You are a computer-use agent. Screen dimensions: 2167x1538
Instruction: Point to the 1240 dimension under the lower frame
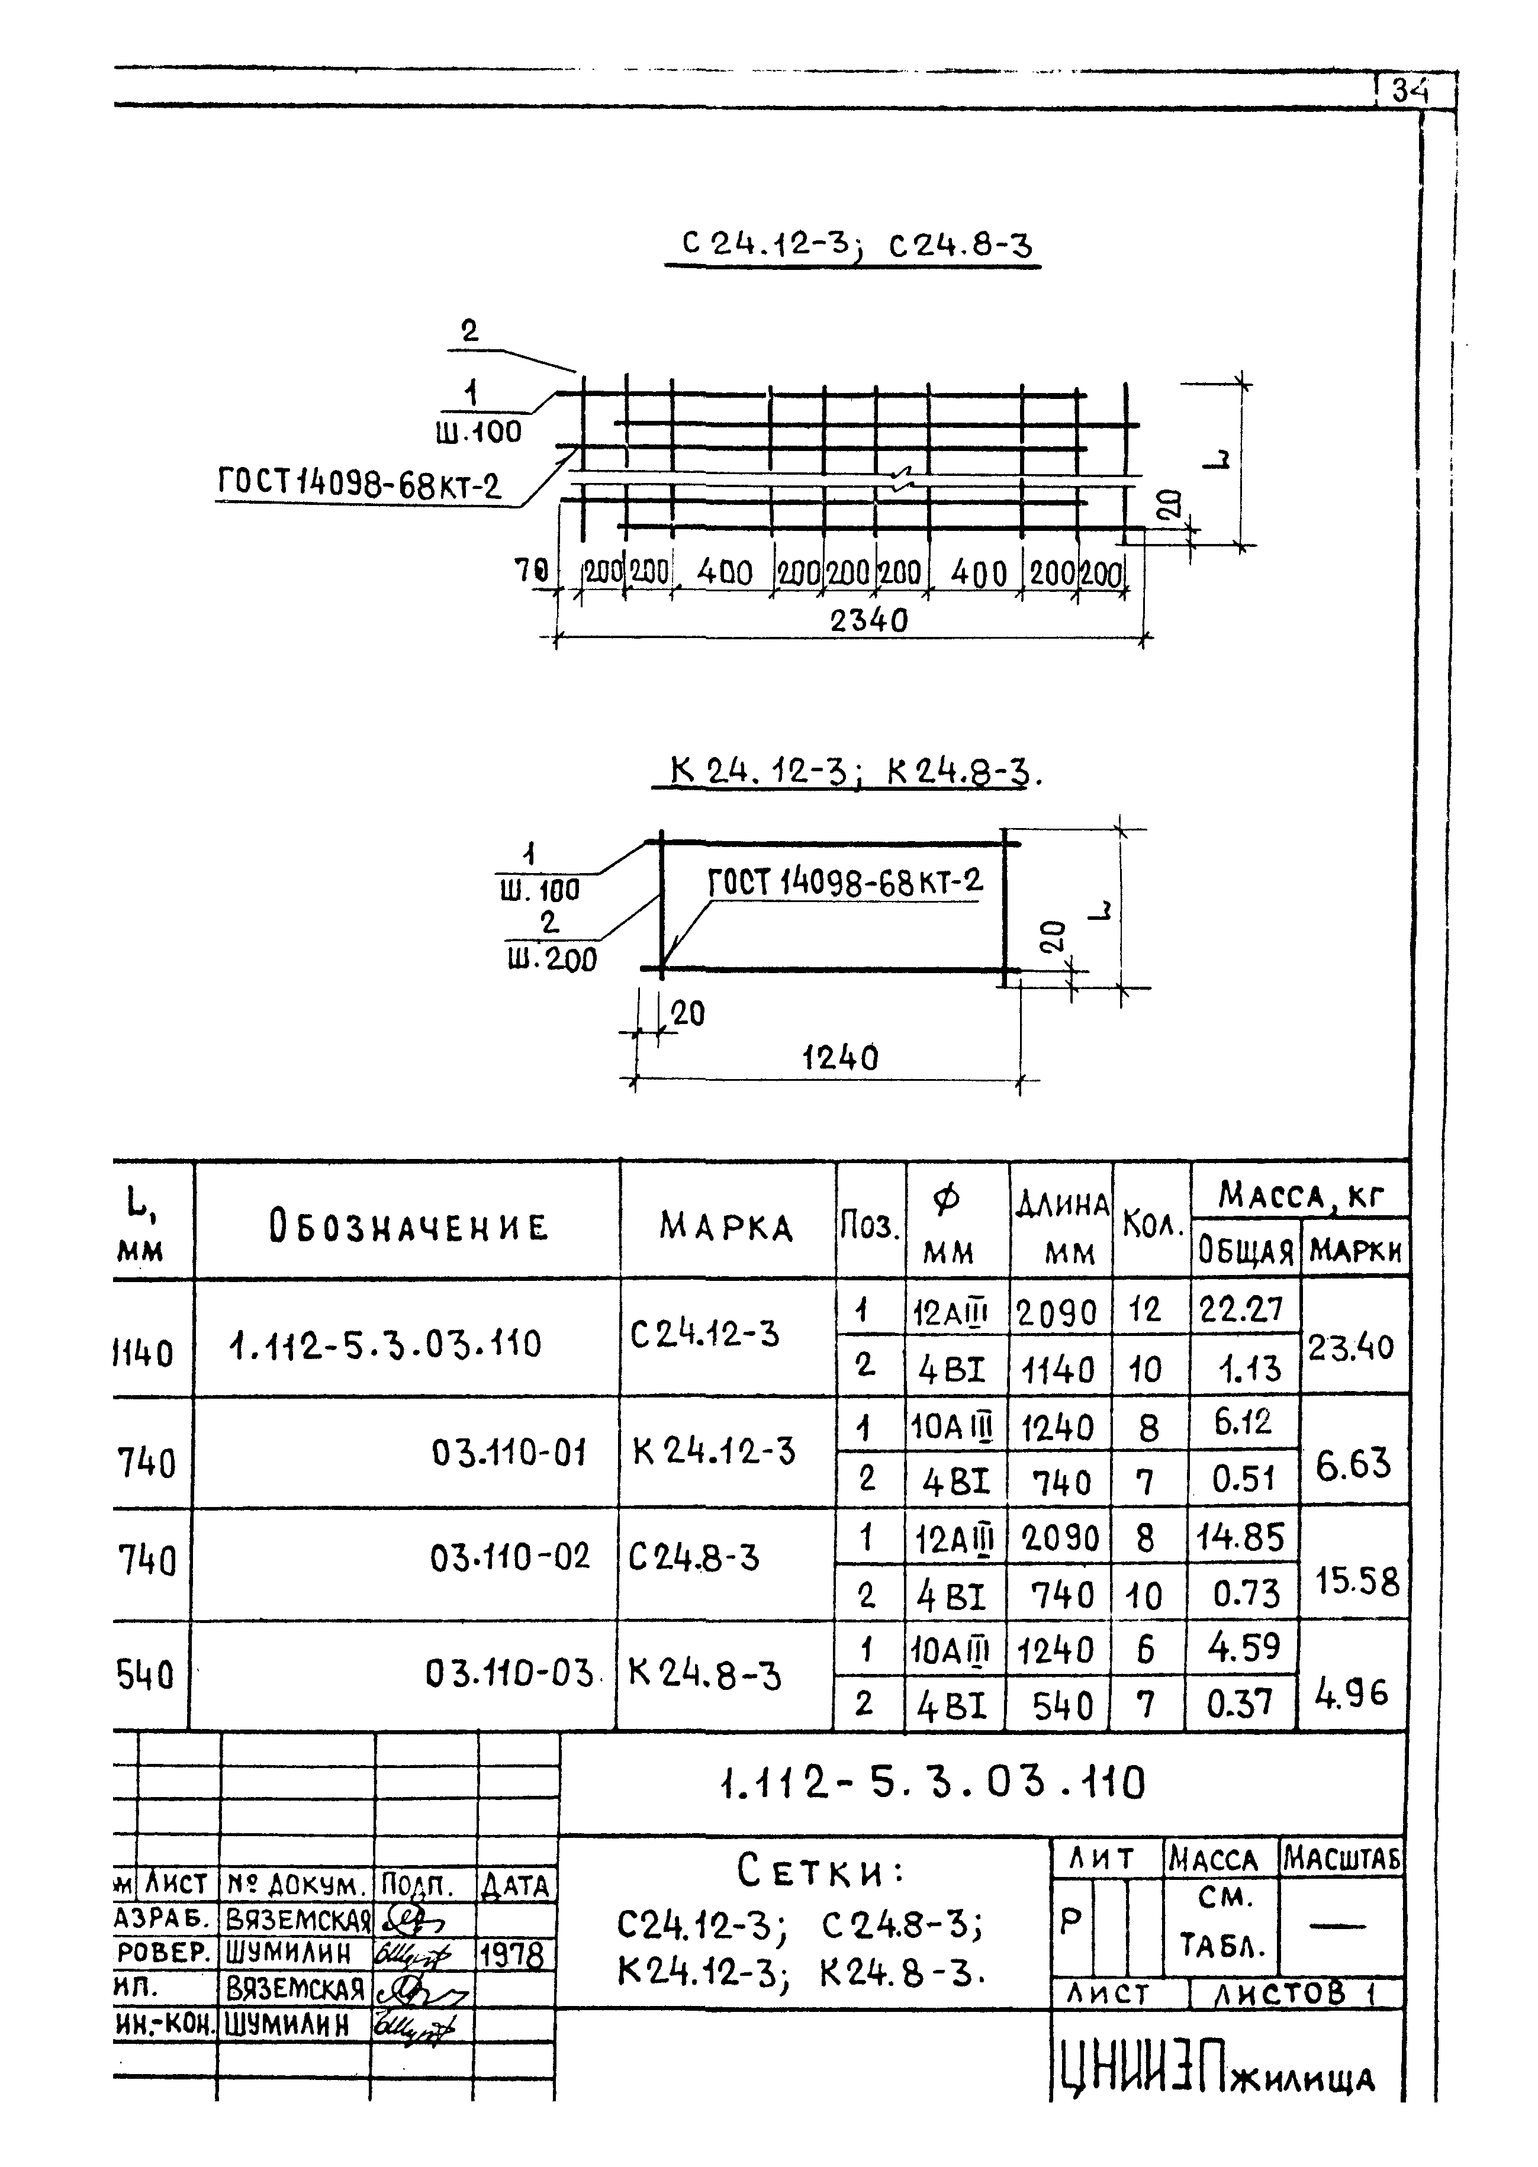click(840, 1057)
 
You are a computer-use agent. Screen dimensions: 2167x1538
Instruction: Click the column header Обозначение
click(408, 1227)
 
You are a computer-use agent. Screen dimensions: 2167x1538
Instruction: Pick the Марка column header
click(726, 1227)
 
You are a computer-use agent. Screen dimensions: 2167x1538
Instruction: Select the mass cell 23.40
click(1352, 1346)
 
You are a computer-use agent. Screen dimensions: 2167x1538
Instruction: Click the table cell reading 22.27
click(1241, 1309)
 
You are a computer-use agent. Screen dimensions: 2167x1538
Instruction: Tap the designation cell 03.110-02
click(510, 1556)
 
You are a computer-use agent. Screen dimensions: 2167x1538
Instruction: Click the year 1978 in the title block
click(512, 1955)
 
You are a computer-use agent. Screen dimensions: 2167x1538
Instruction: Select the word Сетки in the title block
click(819, 1870)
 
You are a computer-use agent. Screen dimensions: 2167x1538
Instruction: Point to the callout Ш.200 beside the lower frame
click(552, 960)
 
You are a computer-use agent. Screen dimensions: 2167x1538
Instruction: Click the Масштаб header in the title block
click(1341, 1859)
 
